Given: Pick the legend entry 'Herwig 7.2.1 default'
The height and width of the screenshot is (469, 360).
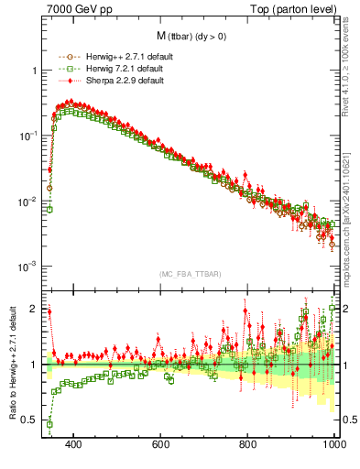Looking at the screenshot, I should [x=124, y=69].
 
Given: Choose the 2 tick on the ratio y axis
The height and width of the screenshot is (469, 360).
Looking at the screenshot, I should [x=35, y=309].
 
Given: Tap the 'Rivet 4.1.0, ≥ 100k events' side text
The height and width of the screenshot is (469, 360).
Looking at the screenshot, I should [x=349, y=60].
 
